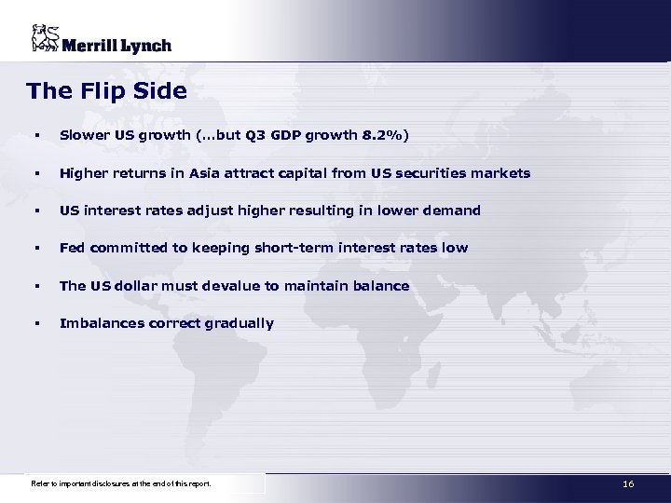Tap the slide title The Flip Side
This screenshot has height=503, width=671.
pos(106,91)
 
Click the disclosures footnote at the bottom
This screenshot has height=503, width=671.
pos(121,484)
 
